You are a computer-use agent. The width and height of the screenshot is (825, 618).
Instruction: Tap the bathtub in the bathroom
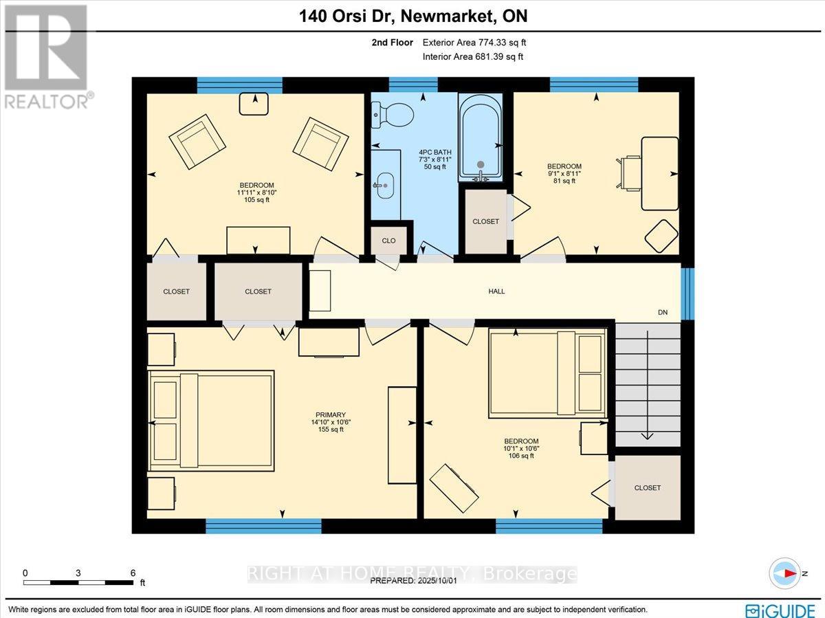(x=481, y=137)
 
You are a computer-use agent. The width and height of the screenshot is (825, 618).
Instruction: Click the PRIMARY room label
(x=326, y=415)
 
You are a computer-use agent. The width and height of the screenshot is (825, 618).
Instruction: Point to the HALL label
(x=496, y=291)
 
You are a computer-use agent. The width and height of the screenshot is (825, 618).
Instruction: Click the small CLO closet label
(x=388, y=241)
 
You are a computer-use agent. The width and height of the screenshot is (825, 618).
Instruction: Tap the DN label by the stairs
(x=663, y=313)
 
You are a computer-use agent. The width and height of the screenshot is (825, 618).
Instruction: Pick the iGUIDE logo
(x=781, y=610)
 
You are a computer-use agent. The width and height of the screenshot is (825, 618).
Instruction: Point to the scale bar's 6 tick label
(x=133, y=573)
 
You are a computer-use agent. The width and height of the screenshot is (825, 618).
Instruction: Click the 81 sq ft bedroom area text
(x=564, y=181)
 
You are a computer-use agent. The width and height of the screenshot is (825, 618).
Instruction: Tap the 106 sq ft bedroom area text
(x=520, y=456)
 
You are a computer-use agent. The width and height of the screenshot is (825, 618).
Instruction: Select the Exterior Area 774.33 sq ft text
(x=474, y=43)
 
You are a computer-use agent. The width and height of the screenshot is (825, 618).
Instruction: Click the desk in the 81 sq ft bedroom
(x=659, y=173)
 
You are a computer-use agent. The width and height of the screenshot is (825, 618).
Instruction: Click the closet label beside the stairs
(x=647, y=487)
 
